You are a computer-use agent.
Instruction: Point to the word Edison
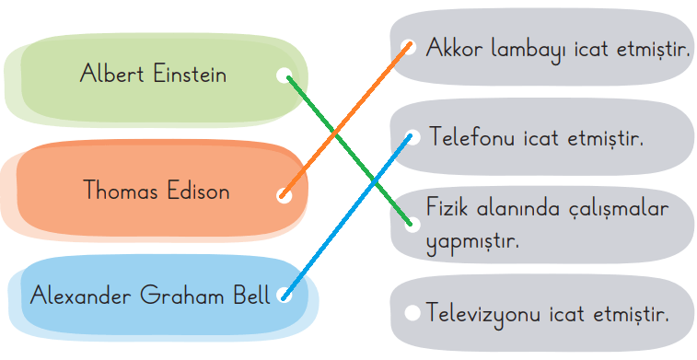point(197,192)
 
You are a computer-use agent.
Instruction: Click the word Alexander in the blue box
point(81,296)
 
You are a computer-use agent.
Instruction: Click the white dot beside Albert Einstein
point(284,75)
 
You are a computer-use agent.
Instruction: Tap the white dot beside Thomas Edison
point(284,194)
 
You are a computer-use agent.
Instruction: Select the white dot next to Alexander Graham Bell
point(284,296)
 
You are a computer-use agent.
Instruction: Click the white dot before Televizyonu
point(411,313)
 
